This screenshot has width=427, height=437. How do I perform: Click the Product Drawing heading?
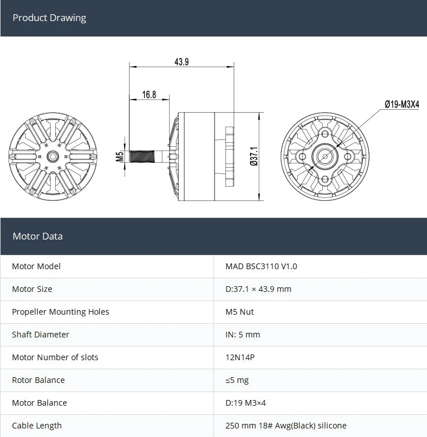49,18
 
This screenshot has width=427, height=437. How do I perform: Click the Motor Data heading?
38,236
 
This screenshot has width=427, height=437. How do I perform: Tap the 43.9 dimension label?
182,62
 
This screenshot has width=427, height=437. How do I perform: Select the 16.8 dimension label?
149,94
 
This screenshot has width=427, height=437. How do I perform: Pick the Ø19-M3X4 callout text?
401,104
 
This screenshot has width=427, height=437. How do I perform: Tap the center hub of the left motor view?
53,156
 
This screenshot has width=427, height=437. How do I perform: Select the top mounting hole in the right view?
325,134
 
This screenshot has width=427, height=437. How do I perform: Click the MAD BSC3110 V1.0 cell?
261,266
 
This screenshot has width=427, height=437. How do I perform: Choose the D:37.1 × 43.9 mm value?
258,289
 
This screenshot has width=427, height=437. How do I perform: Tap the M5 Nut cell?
240,312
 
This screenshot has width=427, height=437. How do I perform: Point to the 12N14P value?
240,357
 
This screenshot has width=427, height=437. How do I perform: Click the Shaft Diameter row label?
40,335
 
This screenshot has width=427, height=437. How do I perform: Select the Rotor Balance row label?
38,380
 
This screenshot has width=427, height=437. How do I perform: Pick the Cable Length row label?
37,426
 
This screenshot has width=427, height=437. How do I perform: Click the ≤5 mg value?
237,380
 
